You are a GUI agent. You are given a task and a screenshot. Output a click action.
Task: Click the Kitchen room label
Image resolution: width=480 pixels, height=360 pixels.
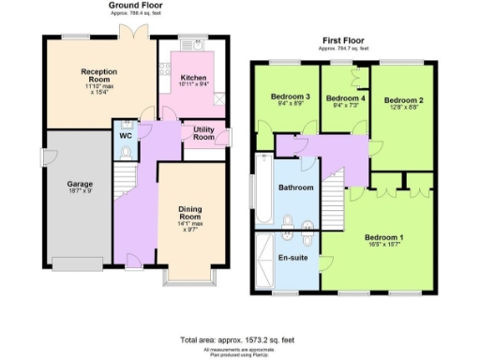tap(193, 78)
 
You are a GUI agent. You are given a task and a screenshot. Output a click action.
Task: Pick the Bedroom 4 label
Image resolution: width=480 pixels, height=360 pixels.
tap(344, 98)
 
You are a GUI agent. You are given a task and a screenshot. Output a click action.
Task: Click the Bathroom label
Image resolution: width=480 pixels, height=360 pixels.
tap(295, 187)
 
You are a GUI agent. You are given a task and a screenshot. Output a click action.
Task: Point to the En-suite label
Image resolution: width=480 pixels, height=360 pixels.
tap(294, 257)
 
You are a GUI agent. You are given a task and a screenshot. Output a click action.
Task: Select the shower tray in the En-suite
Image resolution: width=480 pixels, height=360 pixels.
tap(264, 261)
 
